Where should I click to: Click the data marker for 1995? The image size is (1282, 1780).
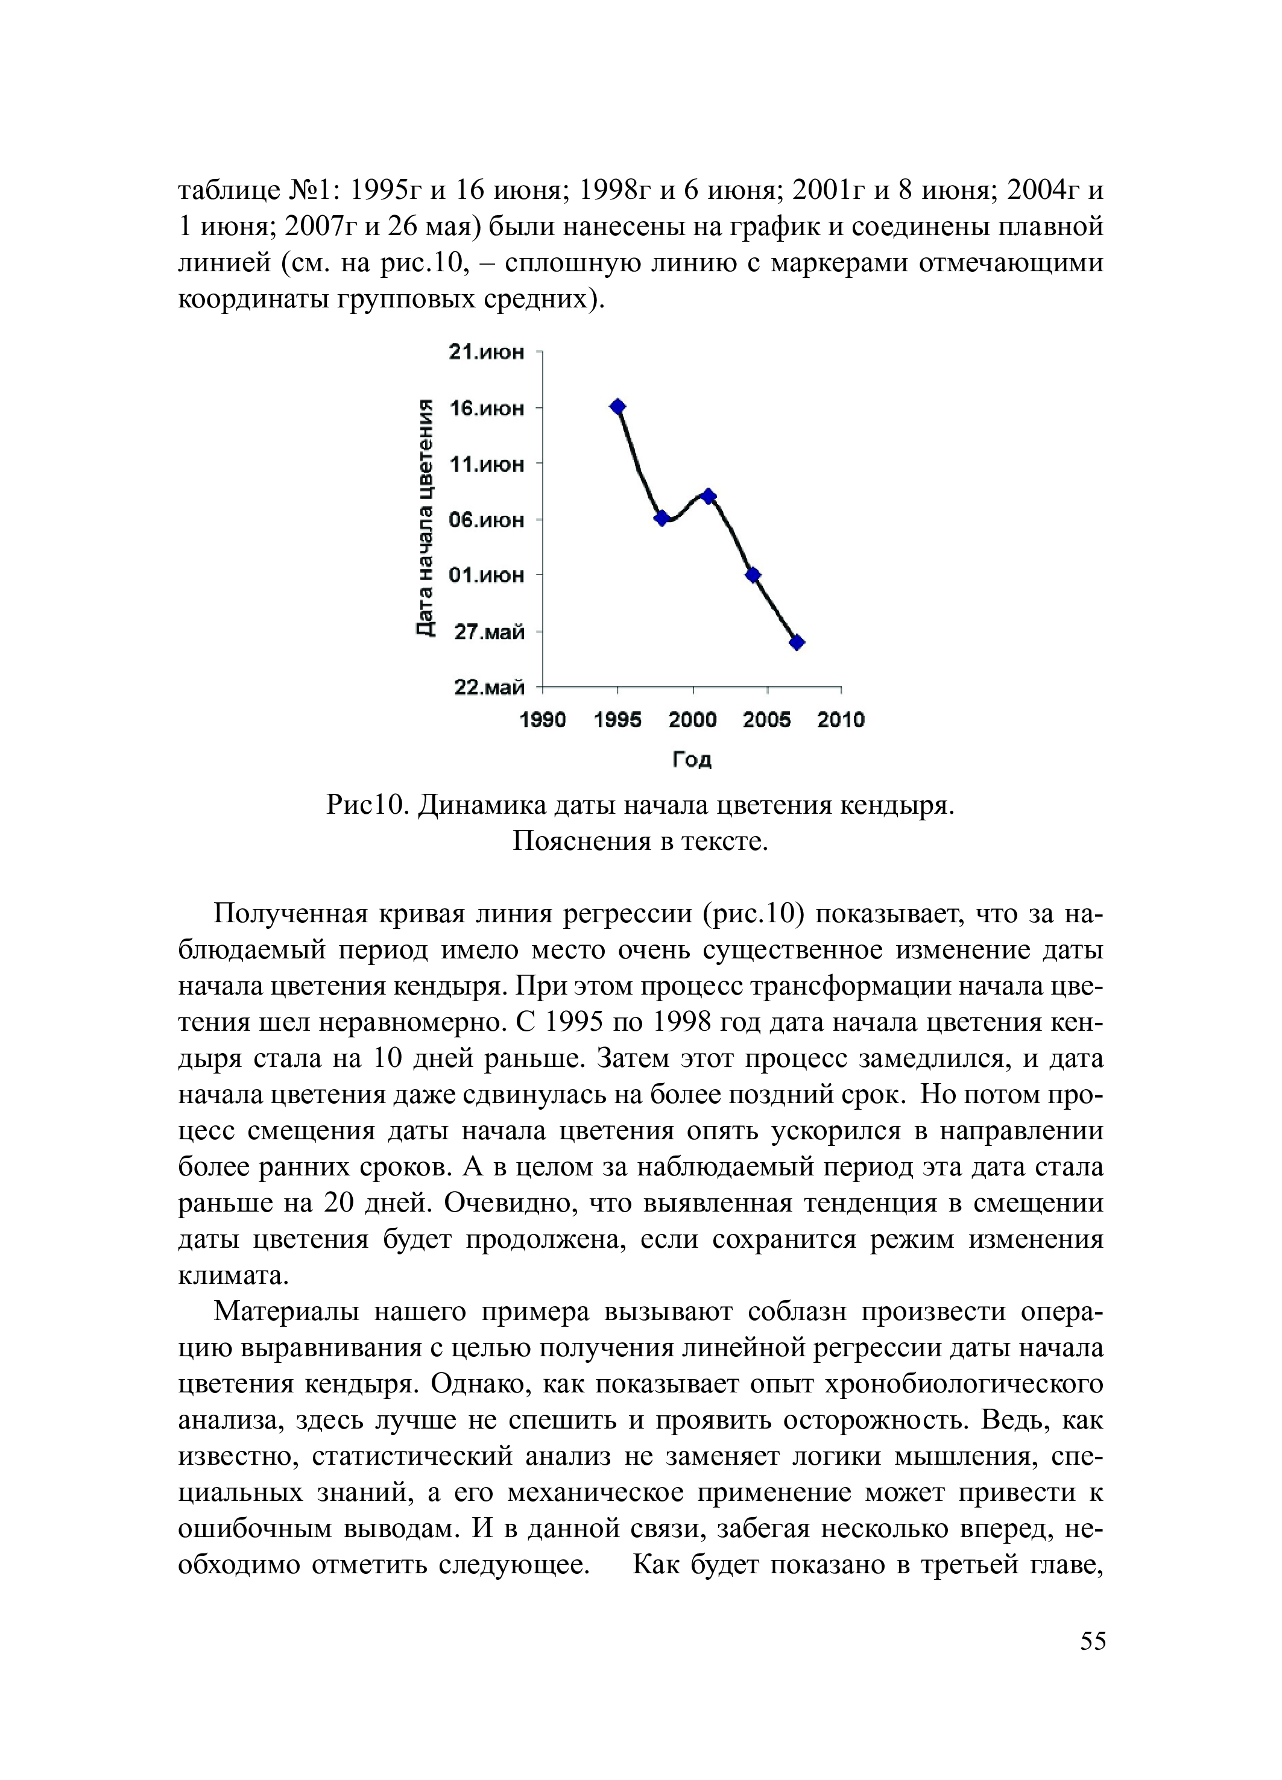(618, 406)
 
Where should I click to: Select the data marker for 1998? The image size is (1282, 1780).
(662, 518)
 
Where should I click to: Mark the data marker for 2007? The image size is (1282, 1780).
(797, 643)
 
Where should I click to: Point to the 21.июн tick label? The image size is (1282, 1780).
(486, 353)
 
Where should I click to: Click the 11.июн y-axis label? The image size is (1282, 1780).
(486, 465)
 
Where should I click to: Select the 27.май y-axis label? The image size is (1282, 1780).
(489, 632)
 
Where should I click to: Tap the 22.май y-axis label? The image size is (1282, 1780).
(489, 688)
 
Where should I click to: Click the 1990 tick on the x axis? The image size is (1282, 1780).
(543, 720)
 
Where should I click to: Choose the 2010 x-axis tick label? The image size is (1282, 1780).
(841, 720)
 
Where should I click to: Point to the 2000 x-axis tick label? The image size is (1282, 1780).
(692, 720)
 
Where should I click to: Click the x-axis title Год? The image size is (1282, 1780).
(692, 759)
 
